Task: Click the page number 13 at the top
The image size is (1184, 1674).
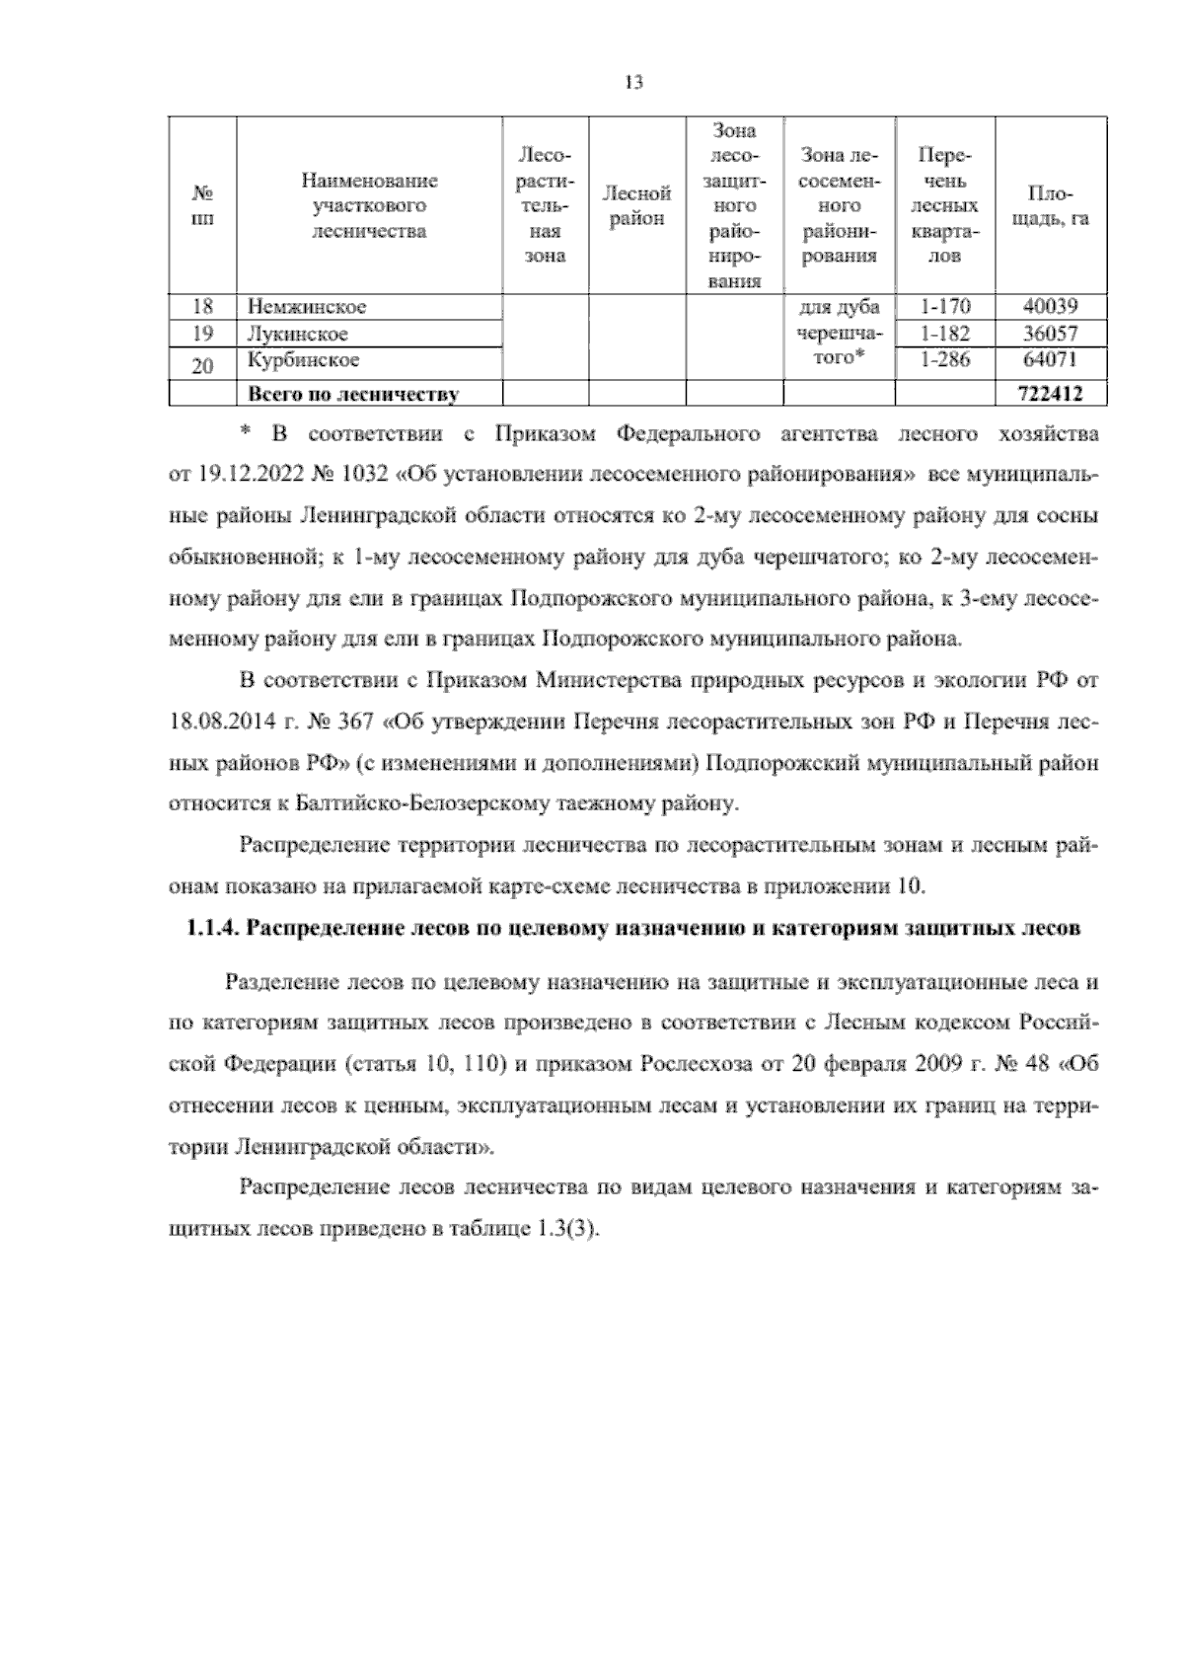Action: click(x=633, y=83)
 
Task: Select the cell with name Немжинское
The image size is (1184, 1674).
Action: click(x=307, y=307)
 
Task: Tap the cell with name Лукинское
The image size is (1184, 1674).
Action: click(x=297, y=334)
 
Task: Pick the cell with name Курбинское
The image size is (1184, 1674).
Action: click(x=303, y=359)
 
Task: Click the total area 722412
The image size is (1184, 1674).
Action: click(x=1049, y=395)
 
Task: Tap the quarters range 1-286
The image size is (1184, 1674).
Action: click(x=944, y=359)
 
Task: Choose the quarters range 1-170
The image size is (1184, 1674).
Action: click(x=944, y=307)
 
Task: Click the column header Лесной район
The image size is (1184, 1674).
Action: click(x=636, y=206)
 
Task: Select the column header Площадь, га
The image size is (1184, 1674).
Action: click(x=1051, y=206)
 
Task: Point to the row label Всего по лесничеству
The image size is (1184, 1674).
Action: click(x=352, y=395)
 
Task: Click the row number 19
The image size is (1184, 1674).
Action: click(x=202, y=334)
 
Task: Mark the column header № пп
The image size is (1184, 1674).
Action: click(x=202, y=206)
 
